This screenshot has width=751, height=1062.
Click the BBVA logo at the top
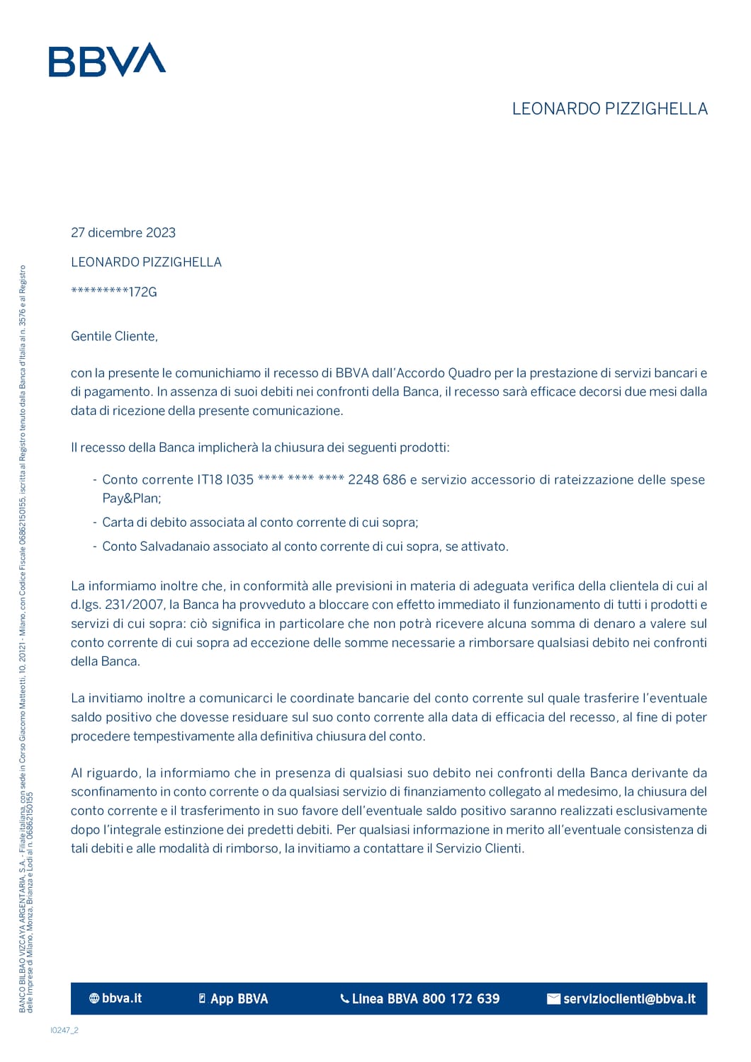107,60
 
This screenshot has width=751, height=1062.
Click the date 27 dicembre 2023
123,233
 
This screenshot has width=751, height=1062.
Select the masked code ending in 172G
114,292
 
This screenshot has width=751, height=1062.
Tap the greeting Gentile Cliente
114,336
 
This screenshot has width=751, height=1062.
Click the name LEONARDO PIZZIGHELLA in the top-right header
609,109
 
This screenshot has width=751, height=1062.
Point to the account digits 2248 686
377,480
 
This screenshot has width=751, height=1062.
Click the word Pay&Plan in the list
131,498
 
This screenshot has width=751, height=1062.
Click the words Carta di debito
145,523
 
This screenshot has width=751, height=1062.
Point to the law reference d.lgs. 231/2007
116,605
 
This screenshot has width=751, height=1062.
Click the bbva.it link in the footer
122,998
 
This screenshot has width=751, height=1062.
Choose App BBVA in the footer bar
239,999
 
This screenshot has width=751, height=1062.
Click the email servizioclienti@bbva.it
629,999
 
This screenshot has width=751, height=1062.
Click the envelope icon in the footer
553,999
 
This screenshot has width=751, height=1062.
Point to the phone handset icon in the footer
345,999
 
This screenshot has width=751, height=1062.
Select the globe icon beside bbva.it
94,998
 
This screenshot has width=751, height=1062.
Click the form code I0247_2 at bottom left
64,1030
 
